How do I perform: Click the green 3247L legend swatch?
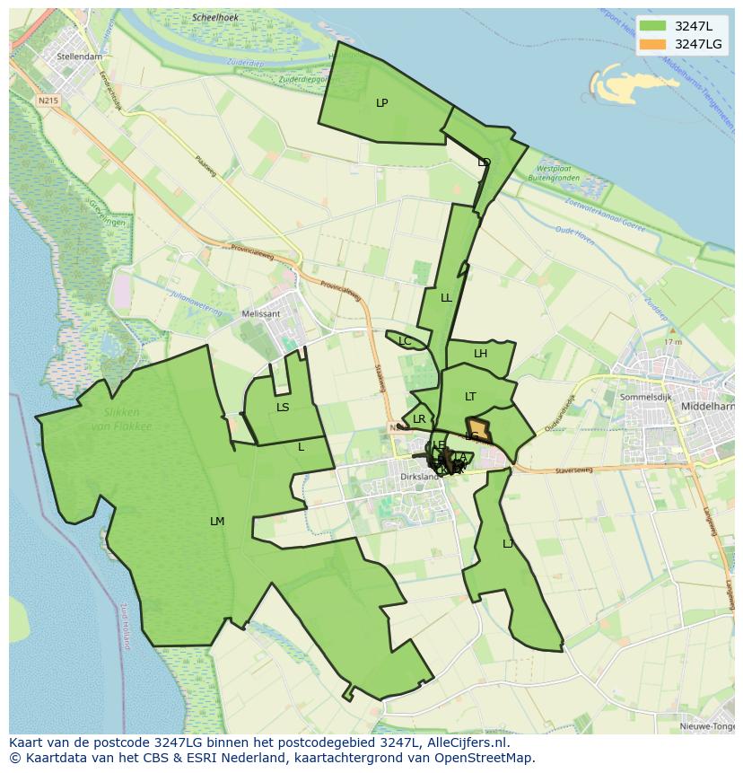(x=653, y=26)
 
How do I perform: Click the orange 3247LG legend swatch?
(x=653, y=44)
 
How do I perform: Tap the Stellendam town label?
(x=79, y=56)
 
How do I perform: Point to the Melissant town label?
(x=261, y=314)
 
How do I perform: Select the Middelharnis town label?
(x=708, y=406)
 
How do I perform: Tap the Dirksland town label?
(x=418, y=477)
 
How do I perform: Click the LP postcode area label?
(x=382, y=103)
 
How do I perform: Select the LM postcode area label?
(x=217, y=522)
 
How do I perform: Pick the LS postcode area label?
(x=283, y=408)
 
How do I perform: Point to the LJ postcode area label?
(x=508, y=544)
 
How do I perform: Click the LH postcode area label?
(x=480, y=354)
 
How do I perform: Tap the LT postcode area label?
(x=470, y=397)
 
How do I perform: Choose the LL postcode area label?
(x=446, y=298)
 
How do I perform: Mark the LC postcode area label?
(x=405, y=341)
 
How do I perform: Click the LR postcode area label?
(x=419, y=419)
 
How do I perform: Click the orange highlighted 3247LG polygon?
(x=479, y=430)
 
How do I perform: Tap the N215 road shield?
(x=48, y=101)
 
